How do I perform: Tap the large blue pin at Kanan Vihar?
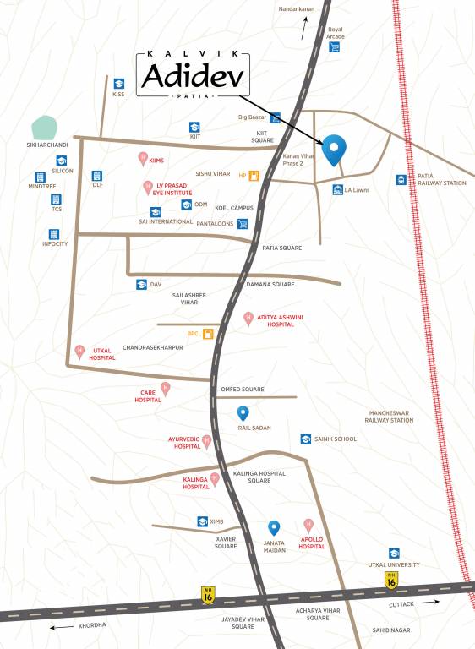(335, 149)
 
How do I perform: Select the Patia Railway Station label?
(441, 179)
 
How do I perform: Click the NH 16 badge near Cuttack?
(390, 580)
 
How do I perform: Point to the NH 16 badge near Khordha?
(208, 595)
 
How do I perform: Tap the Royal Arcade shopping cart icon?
(335, 47)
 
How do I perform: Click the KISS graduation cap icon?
(118, 83)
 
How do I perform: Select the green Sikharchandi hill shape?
(44, 128)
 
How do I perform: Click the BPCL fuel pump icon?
(207, 333)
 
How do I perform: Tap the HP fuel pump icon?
(253, 175)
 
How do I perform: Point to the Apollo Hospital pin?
(308, 525)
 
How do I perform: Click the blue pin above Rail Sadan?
(243, 413)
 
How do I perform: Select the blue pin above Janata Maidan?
(274, 528)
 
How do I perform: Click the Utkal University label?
(394, 564)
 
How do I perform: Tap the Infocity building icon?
(55, 233)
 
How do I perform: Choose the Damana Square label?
(270, 285)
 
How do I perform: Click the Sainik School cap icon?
(305, 439)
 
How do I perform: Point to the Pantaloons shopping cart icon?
(243, 224)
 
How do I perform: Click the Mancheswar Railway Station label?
(389, 416)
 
